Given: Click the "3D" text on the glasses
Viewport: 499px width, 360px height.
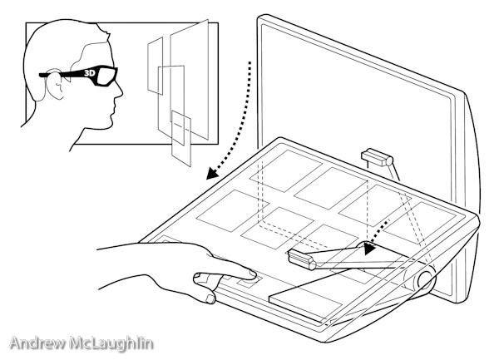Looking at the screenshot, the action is (x=90, y=73).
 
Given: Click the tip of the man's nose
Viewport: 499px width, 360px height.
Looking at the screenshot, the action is (x=122, y=93).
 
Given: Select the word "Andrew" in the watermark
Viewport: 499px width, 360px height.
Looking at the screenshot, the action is (x=38, y=343).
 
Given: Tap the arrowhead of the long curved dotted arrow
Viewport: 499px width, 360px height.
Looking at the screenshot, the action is (x=211, y=174).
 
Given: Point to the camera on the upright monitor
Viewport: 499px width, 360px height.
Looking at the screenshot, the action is (x=377, y=157).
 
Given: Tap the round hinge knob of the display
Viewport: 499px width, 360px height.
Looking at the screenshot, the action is (x=426, y=279).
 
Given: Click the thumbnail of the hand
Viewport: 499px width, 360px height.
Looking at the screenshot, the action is (x=210, y=298).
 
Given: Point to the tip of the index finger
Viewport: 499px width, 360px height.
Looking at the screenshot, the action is (x=254, y=274).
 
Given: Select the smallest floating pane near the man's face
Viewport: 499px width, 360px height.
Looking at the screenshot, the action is (x=156, y=66).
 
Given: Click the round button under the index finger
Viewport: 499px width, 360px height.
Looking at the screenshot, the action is (x=249, y=282).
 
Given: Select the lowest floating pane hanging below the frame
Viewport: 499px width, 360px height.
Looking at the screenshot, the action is (x=181, y=138).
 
